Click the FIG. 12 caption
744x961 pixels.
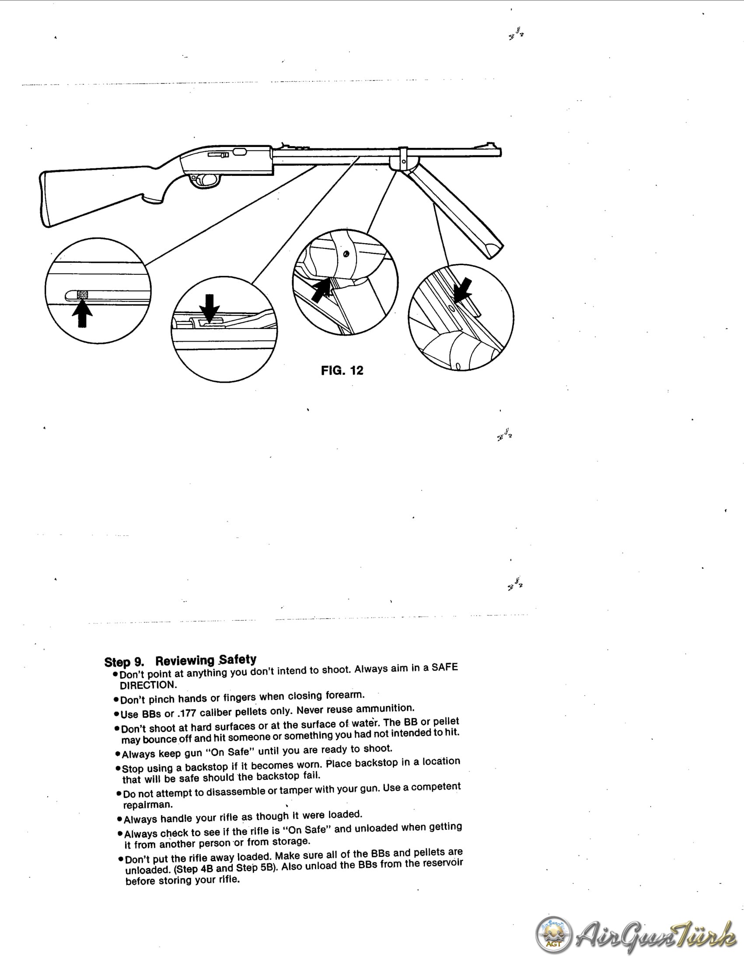(342, 370)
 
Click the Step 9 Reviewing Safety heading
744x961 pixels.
(180, 660)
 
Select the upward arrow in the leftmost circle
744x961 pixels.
(82, 313)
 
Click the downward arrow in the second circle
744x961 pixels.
(210, 308)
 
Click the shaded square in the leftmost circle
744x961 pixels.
(82, 295)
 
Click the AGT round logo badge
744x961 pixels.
(554, 935)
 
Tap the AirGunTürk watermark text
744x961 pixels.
(656, 935)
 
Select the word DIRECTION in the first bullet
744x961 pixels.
(148, 685)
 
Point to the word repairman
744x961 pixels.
(148, 805)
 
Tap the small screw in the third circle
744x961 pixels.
(346, 254)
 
